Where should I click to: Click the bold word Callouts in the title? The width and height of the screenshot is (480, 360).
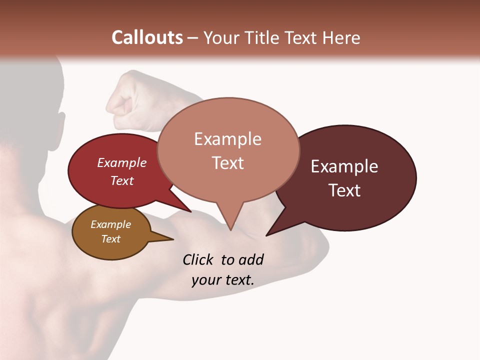(147, 37)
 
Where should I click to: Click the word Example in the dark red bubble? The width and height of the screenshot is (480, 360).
(122, 162)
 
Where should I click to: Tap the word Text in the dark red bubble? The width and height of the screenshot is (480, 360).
(122, 180)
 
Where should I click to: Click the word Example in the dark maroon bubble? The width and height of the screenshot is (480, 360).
(344, 166)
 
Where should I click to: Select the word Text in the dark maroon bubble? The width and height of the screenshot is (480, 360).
(344, 190)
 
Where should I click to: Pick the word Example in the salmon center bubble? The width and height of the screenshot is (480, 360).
(227, 139)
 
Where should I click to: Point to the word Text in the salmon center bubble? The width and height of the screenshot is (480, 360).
(227, 163)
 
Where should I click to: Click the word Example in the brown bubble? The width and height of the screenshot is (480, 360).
(111, 224)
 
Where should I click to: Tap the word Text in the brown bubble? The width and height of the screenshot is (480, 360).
(111, 239)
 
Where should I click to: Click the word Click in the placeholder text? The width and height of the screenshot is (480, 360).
(199, 259)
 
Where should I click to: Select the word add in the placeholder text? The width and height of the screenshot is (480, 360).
(251, 259)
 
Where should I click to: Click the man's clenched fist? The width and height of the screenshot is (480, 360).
(127, 100)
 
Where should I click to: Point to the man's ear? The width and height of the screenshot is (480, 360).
(60, 123)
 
